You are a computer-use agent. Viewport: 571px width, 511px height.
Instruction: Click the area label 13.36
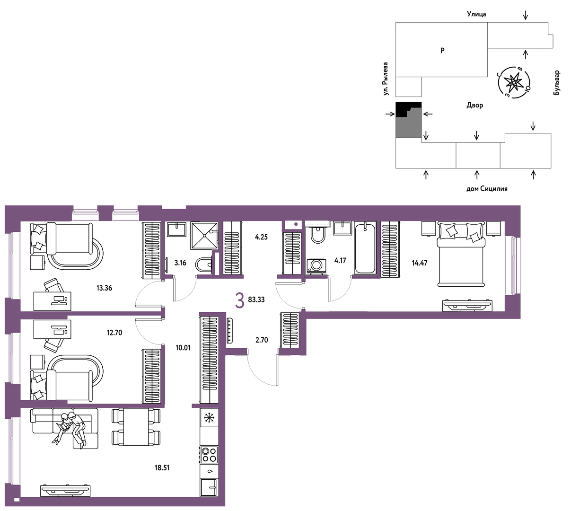pyautogui.click(x=104, y=288)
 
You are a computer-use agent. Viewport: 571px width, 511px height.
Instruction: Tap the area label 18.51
pyautogui.click(x=162, y=468)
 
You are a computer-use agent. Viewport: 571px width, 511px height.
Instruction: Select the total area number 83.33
pyautogui.click(x=256, y=300)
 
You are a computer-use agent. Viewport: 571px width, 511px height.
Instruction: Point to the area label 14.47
pyautogui.click(x=419, y=263)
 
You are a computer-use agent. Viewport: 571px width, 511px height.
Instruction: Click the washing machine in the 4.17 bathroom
pyautogui.click(x=316, y=266)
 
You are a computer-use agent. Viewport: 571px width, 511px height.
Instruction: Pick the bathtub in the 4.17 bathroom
pyautogui.click(x=365, y=248)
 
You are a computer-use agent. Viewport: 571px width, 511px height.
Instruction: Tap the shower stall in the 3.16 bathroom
pyautogui.click(x=204, y=236)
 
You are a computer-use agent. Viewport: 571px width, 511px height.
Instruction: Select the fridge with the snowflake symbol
pyautogui.click(x=209, y=418)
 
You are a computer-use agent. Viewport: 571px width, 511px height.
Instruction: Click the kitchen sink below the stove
pyautogui.click(x=209, y=488)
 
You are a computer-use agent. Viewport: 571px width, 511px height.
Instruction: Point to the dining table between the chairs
pyautogui.click(x=136, y=427)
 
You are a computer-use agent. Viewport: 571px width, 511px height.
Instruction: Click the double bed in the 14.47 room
pyautogui.click(x=461, y=254)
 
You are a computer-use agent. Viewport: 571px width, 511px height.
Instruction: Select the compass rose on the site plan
pyautogui.click(x=513, y=83)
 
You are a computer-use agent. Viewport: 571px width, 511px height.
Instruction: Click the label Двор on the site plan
pyautogui.click(x=474, y=106)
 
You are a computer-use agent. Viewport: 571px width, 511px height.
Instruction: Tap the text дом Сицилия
pyautogui.click(x=487, y=189)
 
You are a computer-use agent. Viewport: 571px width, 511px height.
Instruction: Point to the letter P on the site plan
pyautogui.click(x=442, y=51)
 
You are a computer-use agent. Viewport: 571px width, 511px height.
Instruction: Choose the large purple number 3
pyautogui.click(x=239, y=300)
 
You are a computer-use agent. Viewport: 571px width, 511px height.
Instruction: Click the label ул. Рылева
pyautogui.click(x=386, y=79)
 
